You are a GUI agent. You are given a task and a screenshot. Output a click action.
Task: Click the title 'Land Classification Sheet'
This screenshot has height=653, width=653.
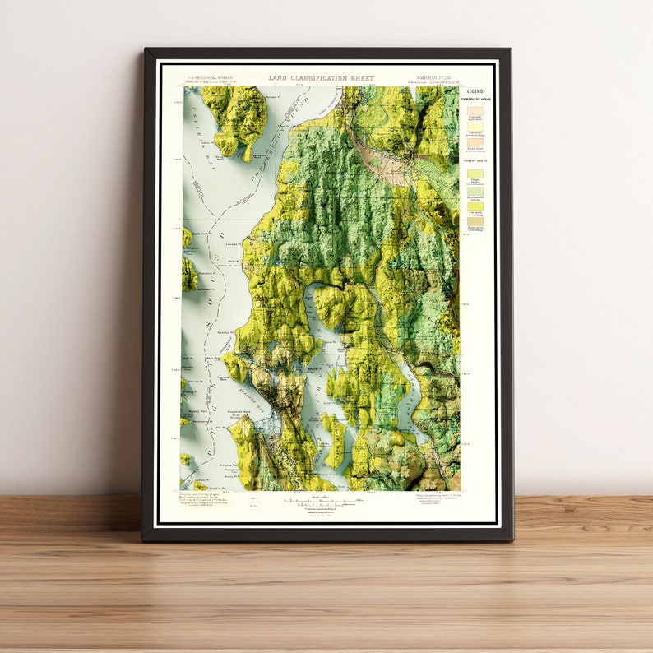[x=321, y=78]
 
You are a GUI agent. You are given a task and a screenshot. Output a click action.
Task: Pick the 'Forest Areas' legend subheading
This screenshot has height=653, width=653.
[x=475, y=161]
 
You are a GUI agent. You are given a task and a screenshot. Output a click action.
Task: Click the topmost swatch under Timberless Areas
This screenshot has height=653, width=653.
[x=475, y=111]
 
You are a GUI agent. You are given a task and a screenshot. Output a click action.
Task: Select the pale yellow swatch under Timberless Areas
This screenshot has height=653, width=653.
[x=475, y=127]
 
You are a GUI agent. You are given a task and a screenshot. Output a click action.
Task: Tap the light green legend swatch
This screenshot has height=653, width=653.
[x=475, y=191]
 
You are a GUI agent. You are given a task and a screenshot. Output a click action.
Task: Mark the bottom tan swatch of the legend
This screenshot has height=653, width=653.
[x=475, y=221]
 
